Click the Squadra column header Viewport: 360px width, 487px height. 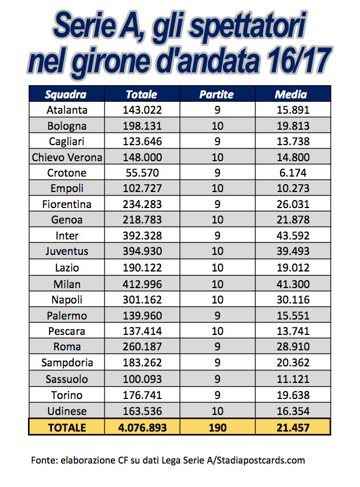pos(66,94)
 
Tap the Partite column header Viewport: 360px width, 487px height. pos(216,94)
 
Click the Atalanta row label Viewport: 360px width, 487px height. pos(67,110)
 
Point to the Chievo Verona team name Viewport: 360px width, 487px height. pos(67,157)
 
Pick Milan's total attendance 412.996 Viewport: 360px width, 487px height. pos(142,284)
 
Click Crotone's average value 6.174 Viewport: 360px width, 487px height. pos(293,173)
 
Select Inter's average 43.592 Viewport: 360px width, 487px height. pos(293,235)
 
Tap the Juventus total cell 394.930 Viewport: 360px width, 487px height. pos(142,252)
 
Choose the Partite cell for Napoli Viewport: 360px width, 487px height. pos(217,300)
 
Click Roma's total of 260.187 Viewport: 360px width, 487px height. pos(142,346)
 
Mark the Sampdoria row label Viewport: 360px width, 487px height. pos(67,362)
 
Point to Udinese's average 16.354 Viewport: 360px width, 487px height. pos(293,410)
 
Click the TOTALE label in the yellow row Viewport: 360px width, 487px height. pos(67,427)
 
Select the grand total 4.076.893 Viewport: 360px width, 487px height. pos(142,427)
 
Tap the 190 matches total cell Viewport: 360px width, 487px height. pos(217,427)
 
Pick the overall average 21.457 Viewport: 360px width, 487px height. pos(293,427)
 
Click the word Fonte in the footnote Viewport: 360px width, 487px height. pos(45,460)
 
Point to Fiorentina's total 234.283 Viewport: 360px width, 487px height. pos(142,204)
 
